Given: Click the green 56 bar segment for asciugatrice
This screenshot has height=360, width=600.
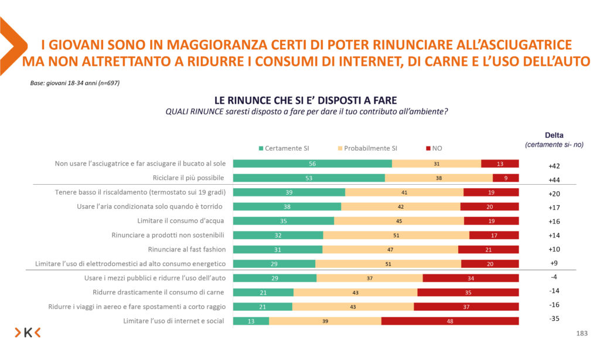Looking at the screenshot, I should pos(312,164).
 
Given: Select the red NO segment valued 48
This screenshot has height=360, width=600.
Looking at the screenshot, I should pos(450,321).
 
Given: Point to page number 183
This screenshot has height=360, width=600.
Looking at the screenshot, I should pos(582,334).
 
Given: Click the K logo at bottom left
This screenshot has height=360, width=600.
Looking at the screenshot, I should pos(28,333).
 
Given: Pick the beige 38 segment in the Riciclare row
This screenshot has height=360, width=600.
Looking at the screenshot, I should pos(438,178).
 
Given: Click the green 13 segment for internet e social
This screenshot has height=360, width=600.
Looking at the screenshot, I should pos(251,321).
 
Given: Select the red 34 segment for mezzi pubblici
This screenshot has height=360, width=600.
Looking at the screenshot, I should pos(471,278).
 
